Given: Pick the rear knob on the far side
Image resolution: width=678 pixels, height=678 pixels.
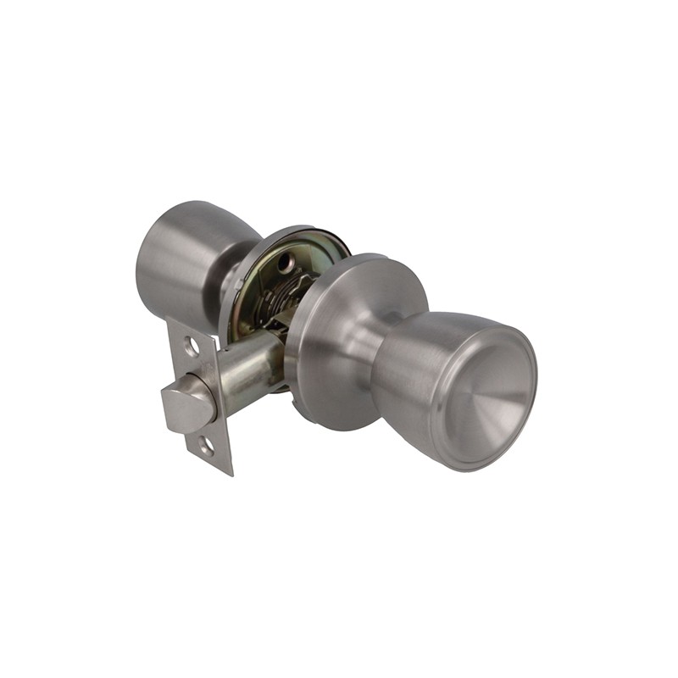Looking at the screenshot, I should (x=182, y=254).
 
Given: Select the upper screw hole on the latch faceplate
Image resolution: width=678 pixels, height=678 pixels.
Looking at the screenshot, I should (x=192, y=346).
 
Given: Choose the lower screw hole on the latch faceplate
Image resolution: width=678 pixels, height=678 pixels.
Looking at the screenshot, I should (x=207, y=443).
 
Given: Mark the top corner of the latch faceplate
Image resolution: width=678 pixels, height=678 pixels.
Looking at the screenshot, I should (x=169, y=320).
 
